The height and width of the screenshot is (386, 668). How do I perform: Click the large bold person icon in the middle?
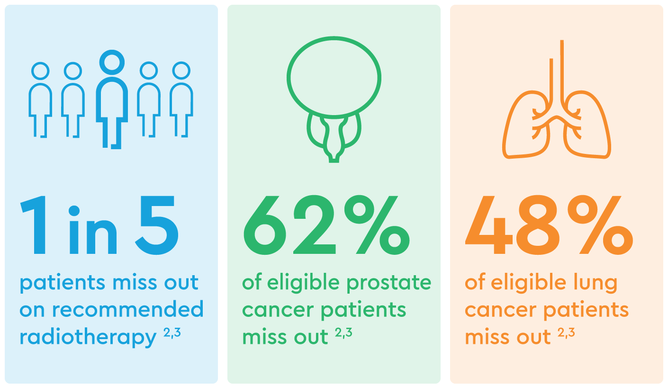112,99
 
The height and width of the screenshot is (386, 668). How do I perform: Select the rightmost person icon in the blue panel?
181,99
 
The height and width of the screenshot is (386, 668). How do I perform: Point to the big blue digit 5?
157,225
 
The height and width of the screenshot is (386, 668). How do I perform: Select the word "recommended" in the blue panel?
128,309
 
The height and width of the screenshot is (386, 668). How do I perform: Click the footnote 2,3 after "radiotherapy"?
172,332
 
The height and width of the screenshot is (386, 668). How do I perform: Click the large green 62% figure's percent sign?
377,225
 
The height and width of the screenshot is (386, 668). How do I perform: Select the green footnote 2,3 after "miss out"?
343,332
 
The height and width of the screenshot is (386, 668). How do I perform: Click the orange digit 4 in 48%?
489,225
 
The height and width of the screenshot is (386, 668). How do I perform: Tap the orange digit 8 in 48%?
538,225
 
